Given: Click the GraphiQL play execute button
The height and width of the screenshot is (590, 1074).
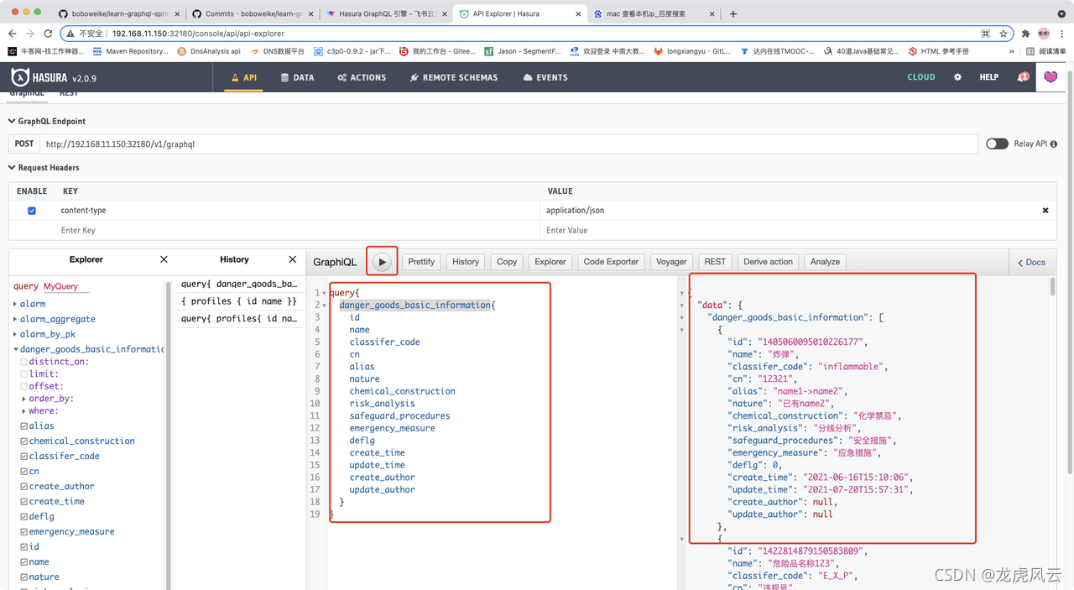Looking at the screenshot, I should click(x=382, y=262).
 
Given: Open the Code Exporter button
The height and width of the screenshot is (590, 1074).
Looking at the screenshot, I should click(x=611, y=262).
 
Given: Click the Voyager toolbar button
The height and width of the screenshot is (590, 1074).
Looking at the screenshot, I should click(x=671, y=262).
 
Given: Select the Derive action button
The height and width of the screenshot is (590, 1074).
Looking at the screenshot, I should click(x=768, y=262).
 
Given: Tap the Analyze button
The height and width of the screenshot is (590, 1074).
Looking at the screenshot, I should click(x=825, y=262).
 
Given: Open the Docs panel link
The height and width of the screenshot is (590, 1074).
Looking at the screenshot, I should click(x=1031, y=262).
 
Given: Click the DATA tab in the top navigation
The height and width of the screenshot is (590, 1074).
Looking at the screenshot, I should click(x=296, y=77).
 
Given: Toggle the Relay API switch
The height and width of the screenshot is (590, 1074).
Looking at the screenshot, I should click(x=997, y=144).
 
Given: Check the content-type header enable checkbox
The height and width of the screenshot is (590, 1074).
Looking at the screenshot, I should click(x=32, y=211).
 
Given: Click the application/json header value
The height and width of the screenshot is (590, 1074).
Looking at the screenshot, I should click(x=575, y=211).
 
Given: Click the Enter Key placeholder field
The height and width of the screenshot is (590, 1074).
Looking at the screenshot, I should click(x=78, y=230).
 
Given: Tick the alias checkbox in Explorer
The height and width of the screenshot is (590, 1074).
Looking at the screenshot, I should click(x=23, y=426).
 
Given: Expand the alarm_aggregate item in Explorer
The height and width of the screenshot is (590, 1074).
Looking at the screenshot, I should click(x=15, y=319).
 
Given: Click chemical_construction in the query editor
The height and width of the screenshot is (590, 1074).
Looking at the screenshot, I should click(x=402, y=391).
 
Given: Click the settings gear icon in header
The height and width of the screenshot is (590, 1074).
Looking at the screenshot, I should click(x=958, y=77).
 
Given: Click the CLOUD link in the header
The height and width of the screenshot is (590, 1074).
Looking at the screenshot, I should click(x=920, y=77).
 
